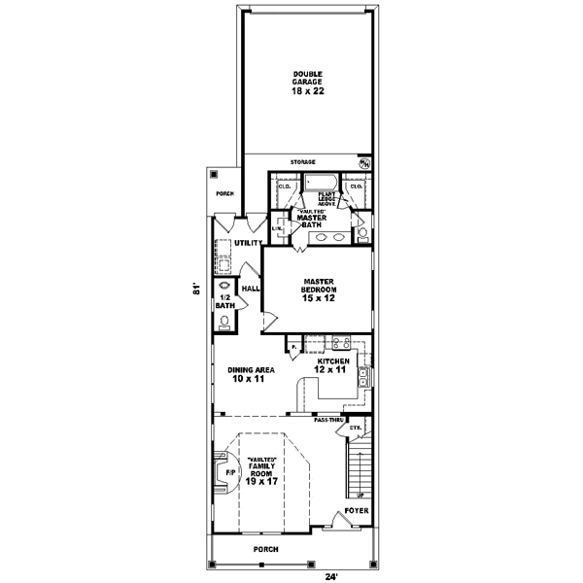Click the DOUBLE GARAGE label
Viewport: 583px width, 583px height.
coord(306,84)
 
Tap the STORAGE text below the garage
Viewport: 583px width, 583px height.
coord(304,161)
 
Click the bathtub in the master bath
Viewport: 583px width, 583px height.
coord(319,182)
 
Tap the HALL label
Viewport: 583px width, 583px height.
coord(249,289)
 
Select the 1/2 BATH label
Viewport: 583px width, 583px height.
coord(224,301)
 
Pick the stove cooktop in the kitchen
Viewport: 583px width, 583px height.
coord(341,341)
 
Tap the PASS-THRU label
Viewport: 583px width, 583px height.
coord(327,420)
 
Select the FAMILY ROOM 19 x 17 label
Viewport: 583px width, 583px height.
coord(262,470)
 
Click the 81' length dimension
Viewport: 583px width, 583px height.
coord(195,289)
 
